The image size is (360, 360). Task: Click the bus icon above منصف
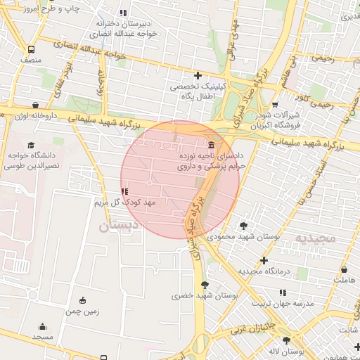31,50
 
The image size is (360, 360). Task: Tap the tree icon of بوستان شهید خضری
205,285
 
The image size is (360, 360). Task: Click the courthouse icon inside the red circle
212,144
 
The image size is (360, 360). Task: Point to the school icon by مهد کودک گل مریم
124,191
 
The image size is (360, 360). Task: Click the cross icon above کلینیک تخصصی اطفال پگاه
198,75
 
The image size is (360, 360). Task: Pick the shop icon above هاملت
344,270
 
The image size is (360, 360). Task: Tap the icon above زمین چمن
83,300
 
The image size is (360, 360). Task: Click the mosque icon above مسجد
42,327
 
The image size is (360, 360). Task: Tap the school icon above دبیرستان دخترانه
124,13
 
